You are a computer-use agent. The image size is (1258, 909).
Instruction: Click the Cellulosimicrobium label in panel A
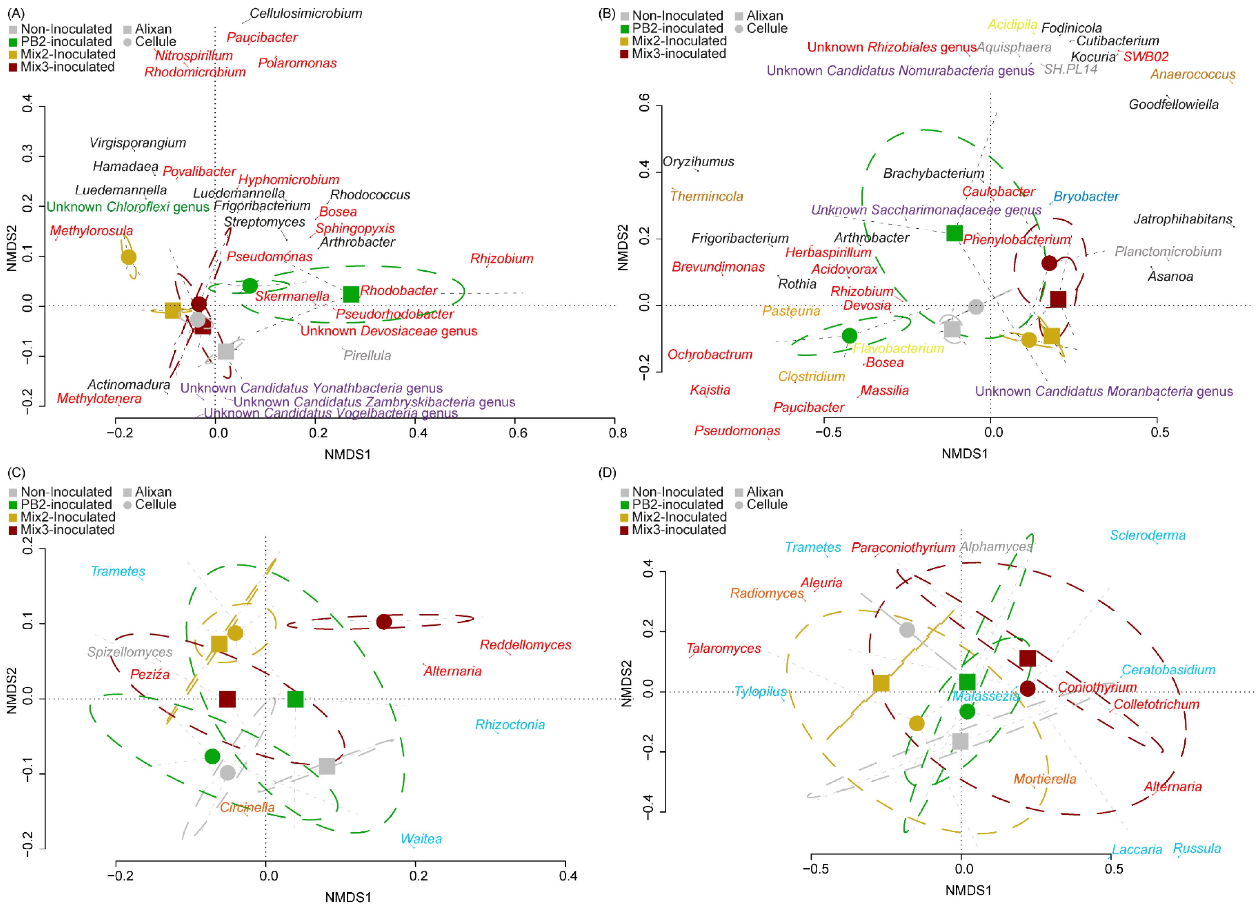click(x=306, y=13)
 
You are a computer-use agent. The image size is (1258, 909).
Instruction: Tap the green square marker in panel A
click(x=351, y=294)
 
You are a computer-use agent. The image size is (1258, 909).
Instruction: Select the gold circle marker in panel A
click(x=129, y=257)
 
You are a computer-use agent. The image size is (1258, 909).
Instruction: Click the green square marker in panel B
click(x=954, y=233)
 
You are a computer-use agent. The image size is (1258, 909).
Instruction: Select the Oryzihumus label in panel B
click(x=698, y=161)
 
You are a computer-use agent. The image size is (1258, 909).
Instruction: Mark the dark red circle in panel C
click(x=384, y=622)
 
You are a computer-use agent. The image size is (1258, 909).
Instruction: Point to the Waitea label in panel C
click(x=421, y=838)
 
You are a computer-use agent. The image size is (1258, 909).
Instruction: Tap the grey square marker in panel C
click(x=327, y=766)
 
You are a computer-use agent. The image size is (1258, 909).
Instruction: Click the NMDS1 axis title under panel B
click(x=965, y=454)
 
